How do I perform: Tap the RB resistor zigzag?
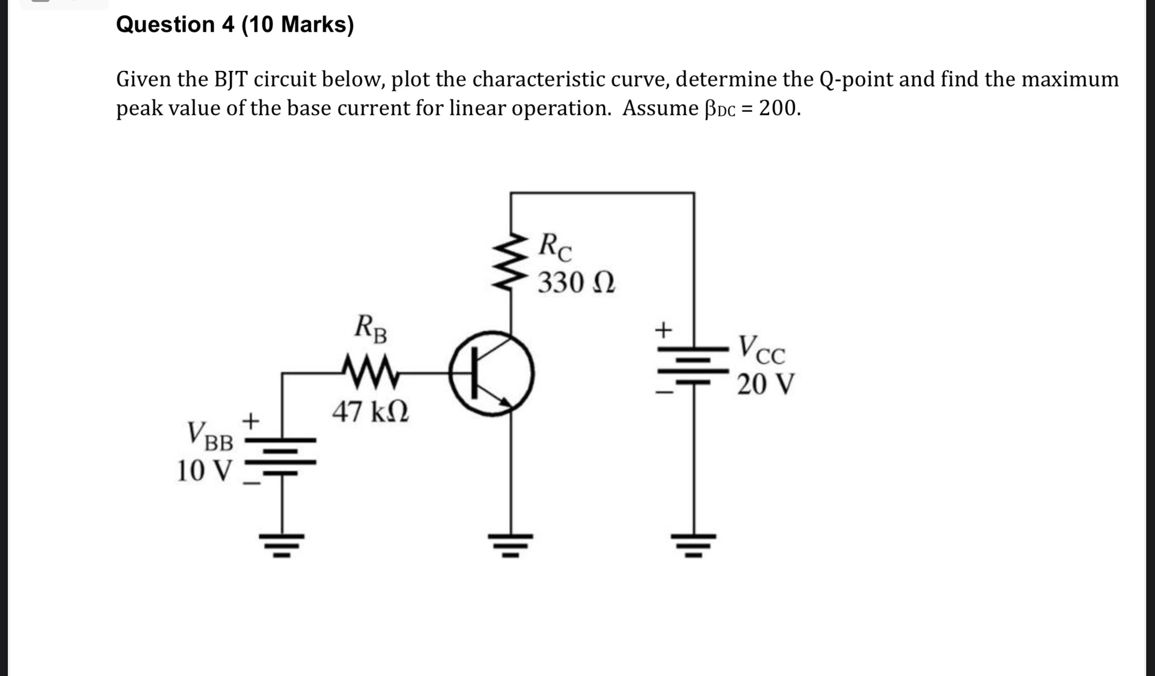click(371, 373)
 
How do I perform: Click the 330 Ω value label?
click(576, 283)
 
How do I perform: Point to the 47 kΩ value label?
click(370, 412)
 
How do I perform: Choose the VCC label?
click(762, 349)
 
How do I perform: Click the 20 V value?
click(766, 384)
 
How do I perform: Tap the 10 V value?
click(203, 471)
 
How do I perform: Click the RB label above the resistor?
click(371, 329)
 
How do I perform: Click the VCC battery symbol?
click(693, 366)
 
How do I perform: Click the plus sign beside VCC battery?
click(663, 330)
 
